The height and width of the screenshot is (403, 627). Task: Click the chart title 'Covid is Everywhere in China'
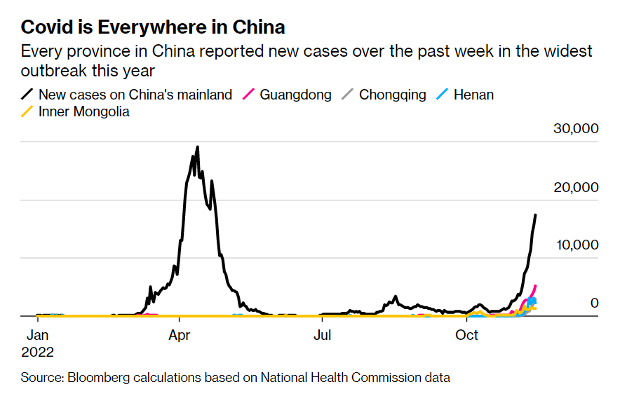point(153,27)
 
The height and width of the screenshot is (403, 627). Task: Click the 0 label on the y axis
point(594,303)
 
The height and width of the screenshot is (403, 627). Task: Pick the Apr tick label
point(180,334)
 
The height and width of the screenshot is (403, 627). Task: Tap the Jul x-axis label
point(323,334)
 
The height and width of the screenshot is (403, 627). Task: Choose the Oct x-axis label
point(467,334)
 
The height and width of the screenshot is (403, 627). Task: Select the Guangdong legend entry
point(295,95)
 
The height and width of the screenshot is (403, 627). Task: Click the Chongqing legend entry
point(392,95)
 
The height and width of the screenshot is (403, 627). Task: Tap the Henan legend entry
point(473,95)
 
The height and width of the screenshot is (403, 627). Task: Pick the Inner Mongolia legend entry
point(83,111)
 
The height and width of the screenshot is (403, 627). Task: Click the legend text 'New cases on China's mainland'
point(135,95)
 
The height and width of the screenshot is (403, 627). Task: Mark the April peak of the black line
point(198,147)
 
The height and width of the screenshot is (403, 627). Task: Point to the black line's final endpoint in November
point(536,215)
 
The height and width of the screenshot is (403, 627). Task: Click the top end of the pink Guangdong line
point(536,285)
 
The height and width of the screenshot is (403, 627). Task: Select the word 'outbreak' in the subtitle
point(50,71)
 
